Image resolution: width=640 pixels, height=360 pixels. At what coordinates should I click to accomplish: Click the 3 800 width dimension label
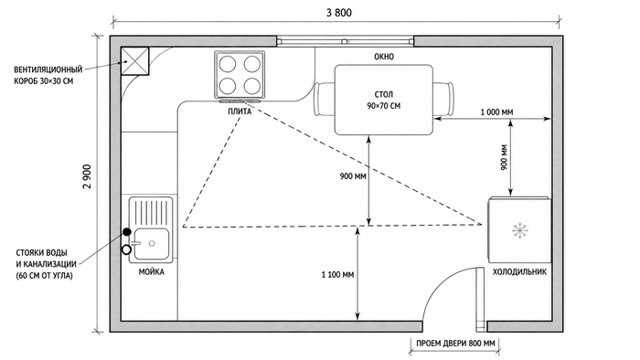(338, 13)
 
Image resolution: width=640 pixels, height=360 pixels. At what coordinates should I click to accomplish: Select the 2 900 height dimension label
(87, 176)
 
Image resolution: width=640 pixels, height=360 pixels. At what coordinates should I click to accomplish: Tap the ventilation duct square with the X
(134, 61)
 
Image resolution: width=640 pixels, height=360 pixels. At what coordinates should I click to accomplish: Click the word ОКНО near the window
(384, 57)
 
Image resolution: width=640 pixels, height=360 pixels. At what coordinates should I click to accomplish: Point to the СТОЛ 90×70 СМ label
(383, 101)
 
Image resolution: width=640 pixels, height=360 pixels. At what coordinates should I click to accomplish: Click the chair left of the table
(325, 99)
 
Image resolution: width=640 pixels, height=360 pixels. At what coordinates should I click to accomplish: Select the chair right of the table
(443, 99)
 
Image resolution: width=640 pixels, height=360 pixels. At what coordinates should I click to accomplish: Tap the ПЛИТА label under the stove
(240, 111)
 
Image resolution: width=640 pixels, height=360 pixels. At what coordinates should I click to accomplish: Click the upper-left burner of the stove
(228, 64)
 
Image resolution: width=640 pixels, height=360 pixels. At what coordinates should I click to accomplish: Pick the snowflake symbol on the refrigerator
(520, 231)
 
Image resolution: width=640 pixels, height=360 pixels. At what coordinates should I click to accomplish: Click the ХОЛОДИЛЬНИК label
(519, 271)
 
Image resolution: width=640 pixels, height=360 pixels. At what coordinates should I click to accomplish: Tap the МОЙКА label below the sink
(152, 272)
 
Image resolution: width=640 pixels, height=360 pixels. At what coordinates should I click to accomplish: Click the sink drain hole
(152, 243)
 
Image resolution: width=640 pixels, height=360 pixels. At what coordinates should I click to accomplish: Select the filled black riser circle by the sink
(127, 232)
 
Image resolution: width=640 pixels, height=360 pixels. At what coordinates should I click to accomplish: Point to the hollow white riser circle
(126, 249)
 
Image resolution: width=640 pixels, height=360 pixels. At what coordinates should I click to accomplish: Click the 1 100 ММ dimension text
(337, 275)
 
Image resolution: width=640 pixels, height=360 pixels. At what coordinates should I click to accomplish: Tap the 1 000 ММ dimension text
(496, 112)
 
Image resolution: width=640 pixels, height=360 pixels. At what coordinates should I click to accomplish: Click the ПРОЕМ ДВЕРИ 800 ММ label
(455, 344)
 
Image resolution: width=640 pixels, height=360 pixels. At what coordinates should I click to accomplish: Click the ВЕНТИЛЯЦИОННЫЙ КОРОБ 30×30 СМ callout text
(48, 75)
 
